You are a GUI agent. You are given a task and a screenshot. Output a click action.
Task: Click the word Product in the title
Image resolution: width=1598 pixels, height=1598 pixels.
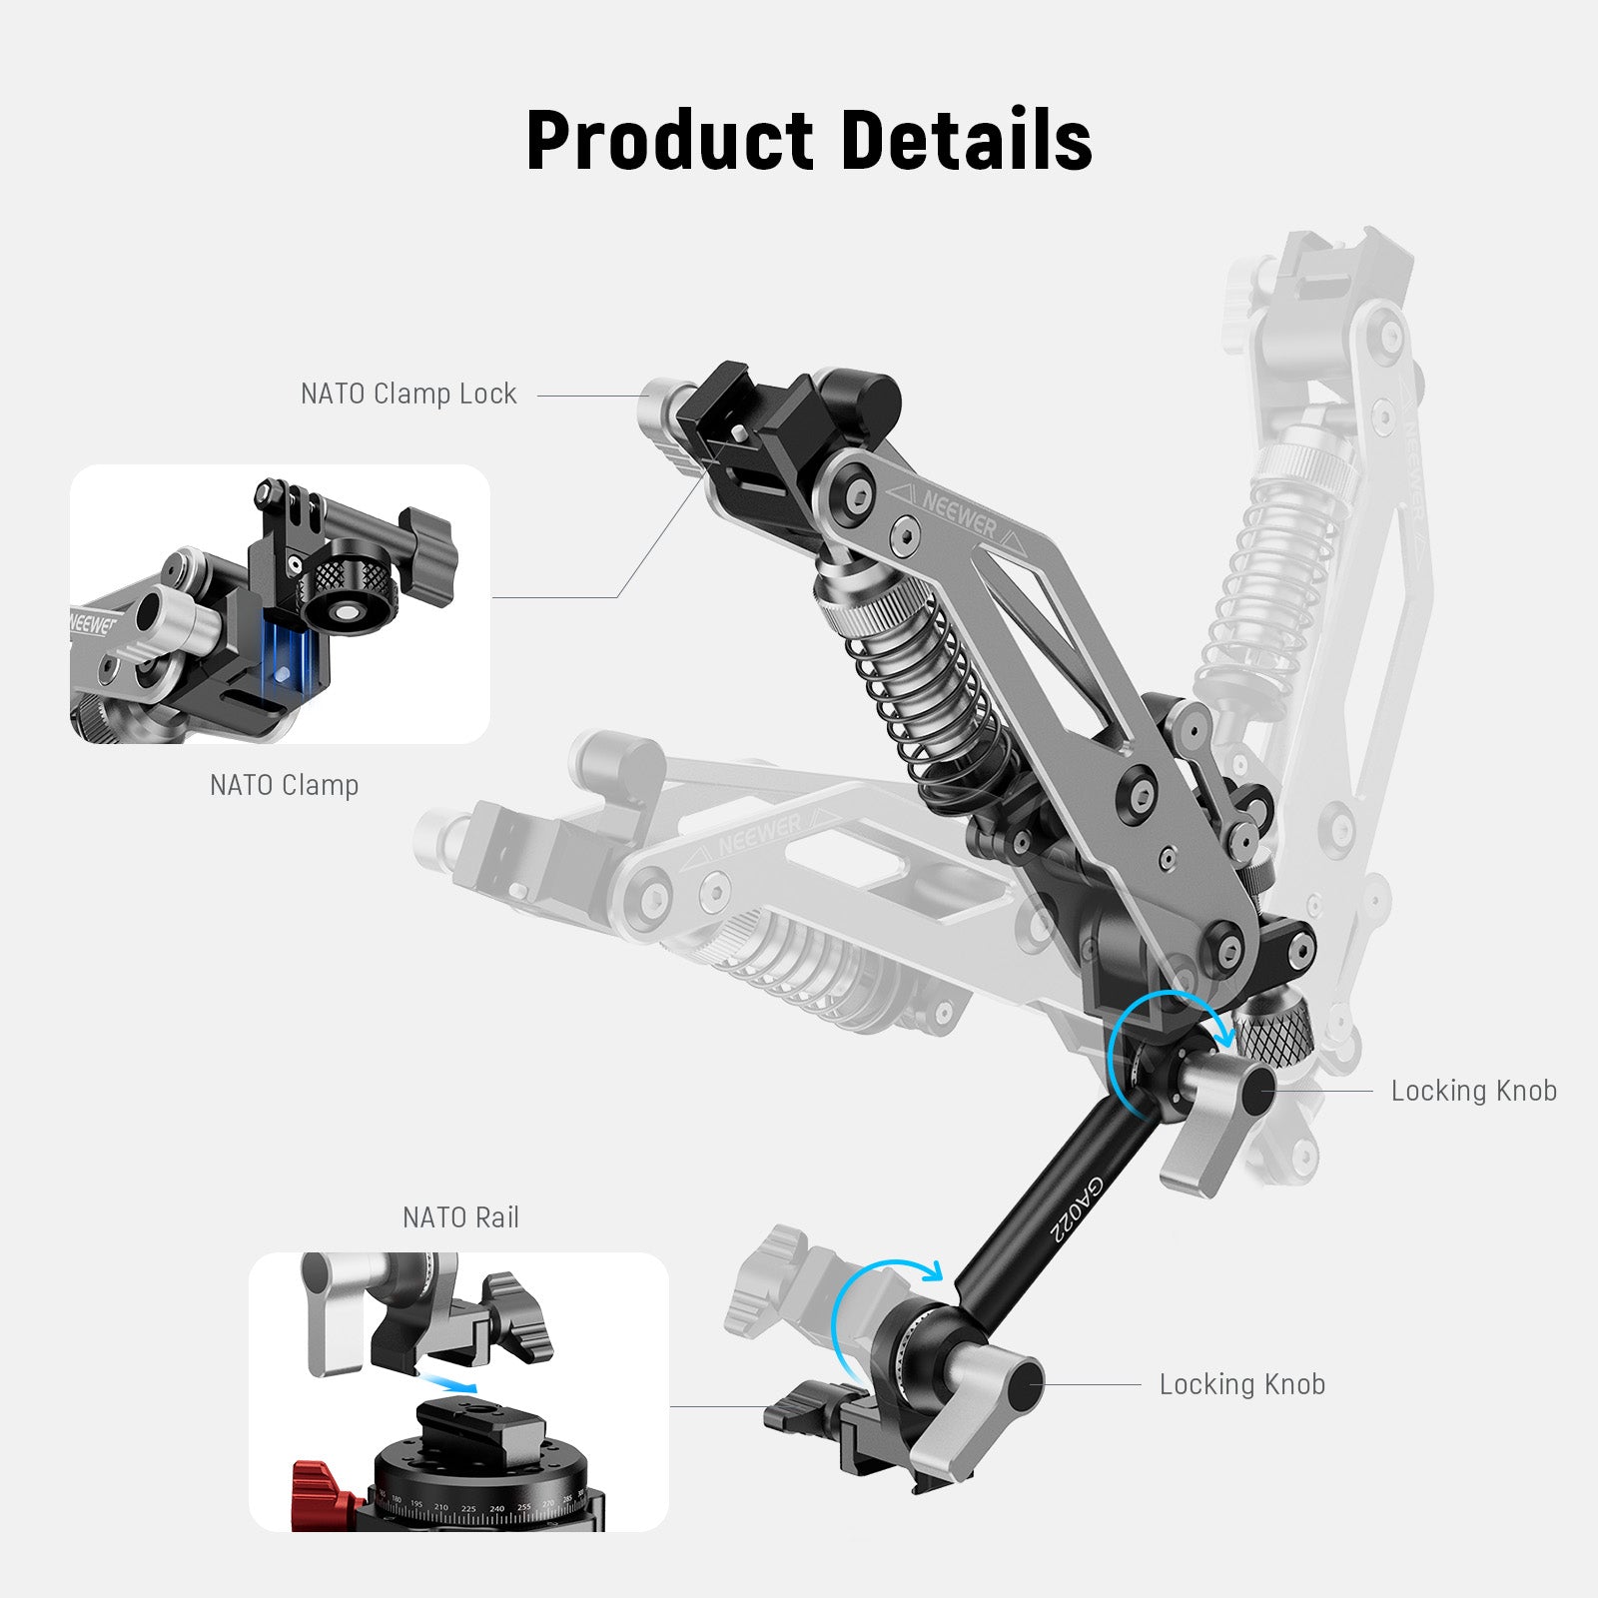(669, 140)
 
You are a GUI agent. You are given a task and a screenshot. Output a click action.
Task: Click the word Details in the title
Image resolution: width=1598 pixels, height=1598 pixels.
(967, 140)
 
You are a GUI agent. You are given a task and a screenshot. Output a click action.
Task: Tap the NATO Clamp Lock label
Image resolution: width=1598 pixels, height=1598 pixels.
(408, 394)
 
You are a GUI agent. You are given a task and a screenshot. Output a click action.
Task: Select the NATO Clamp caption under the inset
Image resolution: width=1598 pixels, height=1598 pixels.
(284, 785)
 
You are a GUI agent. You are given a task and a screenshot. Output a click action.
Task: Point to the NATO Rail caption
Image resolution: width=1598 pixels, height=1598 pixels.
(460, 1217)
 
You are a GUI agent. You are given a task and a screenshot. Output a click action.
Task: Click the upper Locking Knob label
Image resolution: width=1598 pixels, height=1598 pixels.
(1473, 1091)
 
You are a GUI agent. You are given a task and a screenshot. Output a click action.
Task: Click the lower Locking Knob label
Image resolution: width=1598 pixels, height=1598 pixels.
(1241, 1384)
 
